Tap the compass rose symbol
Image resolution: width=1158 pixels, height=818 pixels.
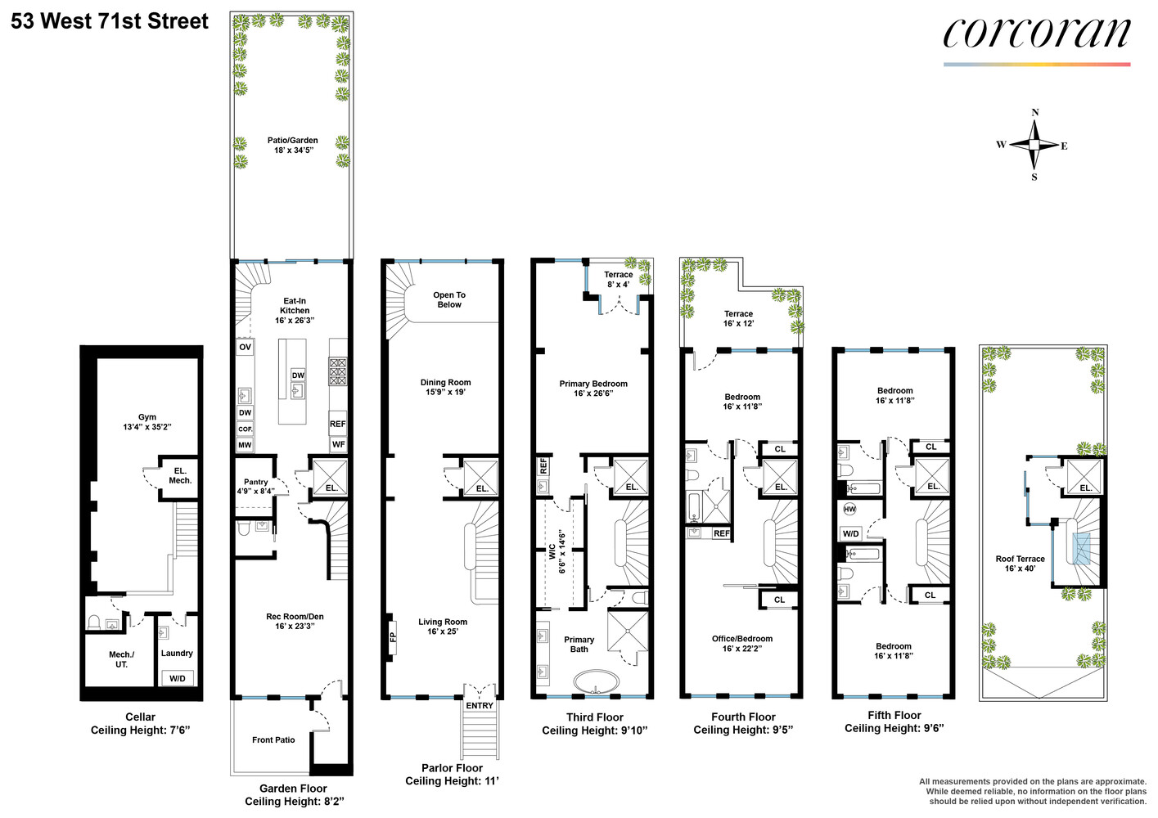[1034, 145]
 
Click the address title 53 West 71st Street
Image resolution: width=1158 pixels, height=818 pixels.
[110, 21]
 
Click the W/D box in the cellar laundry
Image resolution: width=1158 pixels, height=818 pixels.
[177, 678]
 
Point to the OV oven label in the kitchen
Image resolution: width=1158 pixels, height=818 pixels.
[245, 347]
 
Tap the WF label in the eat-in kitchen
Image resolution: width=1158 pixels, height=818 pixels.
[338, 444]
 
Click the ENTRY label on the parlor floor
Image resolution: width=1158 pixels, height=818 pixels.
[480, 705]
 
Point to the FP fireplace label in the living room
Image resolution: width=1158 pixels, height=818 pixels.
[393, 636]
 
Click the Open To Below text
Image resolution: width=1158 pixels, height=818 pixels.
[448, 299]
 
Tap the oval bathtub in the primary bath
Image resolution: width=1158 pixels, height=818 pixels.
[597, 681]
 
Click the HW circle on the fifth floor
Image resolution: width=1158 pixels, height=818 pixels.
[849, 509]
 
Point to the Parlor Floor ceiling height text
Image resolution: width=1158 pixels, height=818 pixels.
[452, 780]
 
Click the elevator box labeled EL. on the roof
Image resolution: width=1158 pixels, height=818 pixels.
[1084, 477]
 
